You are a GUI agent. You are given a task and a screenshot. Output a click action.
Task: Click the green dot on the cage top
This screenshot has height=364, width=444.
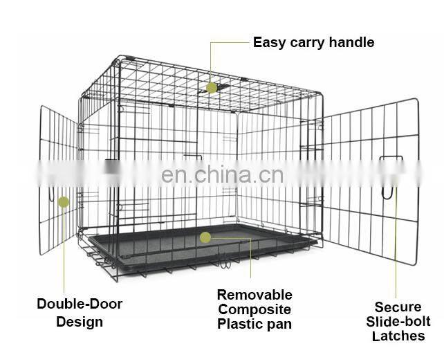pyautogui.click(x=212, y=88)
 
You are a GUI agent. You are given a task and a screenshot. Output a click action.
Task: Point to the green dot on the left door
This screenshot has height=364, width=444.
pyautogui.click(x=64, y=202)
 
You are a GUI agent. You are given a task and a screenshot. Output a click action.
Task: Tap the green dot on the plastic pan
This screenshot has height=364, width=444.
pyautogui.click(x=205, y=237)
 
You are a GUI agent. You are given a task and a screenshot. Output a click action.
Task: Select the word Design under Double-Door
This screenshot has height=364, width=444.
pyautogui.click(x=80, y=322)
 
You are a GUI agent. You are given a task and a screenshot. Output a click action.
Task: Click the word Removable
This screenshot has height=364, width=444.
pyautogui.click(x=255, y=295)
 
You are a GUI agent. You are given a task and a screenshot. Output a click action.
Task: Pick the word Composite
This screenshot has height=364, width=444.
pyautogui.click(x=255, y=309)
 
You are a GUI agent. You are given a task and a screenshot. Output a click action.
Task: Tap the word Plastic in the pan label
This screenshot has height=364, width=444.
pyautogui.click(x=239, y=324)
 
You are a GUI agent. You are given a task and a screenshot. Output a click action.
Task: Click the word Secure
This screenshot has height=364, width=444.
pyautogui.click(x=398, y=307)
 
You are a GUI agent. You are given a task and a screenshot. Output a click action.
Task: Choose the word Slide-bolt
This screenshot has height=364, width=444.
pyautogui.click(x=398, y=322)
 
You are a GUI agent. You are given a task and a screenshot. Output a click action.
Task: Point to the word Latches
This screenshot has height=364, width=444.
pyautogui.click(x=398, y=336)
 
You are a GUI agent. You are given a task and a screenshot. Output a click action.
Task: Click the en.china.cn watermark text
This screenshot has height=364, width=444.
pyautogui.click(x=221, y=174)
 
